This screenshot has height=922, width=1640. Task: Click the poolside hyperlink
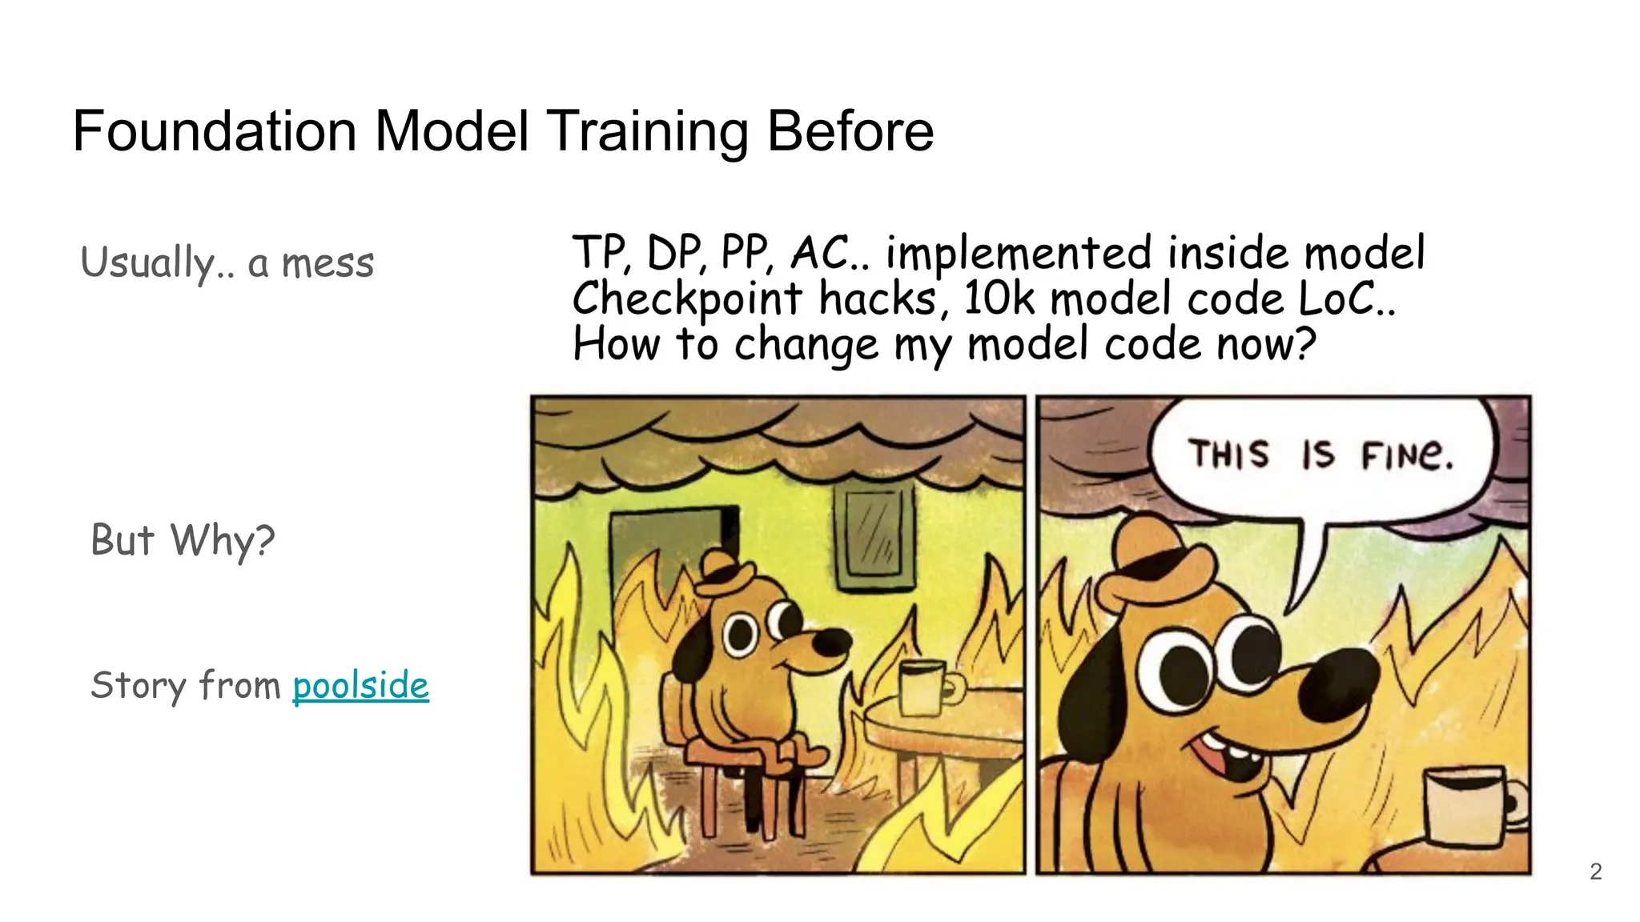360,686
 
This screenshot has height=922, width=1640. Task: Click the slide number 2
1595,872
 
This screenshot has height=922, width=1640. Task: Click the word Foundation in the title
215,131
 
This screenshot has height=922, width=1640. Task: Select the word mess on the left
328,263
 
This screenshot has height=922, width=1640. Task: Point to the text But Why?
183,540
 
